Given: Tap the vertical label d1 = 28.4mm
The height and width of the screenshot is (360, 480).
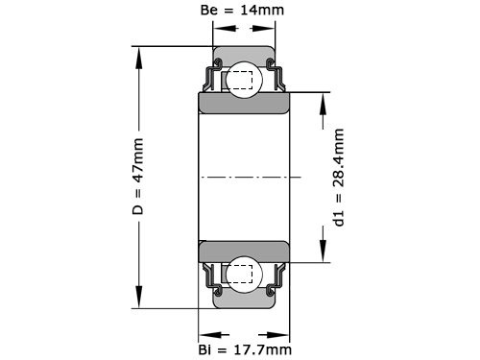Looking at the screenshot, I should pyautogui.click(x=338, y=178).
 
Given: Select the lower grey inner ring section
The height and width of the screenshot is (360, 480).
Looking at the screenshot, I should pyautogui.click(x=244, y=251).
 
